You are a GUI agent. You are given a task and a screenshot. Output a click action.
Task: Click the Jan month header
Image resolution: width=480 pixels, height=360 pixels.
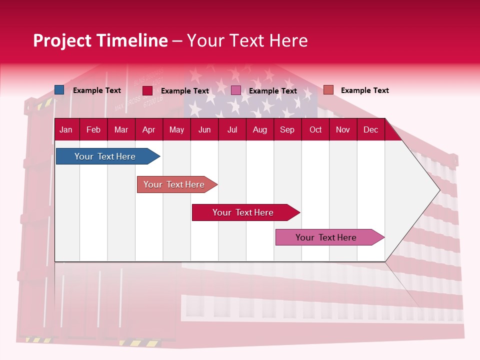[66, 130]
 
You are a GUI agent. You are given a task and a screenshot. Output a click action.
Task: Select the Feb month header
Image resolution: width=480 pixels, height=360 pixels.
[93, 130]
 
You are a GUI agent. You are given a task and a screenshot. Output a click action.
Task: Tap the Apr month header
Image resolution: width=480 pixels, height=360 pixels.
[148, 130]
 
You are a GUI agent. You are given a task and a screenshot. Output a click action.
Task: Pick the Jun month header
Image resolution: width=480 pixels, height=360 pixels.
[204, 130]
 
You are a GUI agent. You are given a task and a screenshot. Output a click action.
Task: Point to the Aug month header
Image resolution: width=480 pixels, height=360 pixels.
[259, 130]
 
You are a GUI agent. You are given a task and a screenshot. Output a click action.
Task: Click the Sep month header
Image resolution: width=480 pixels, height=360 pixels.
[287, 130]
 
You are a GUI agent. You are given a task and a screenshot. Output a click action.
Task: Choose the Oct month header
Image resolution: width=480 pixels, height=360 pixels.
[315, 130]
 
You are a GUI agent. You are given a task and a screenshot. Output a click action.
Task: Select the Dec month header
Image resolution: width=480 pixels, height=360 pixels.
[370, 130]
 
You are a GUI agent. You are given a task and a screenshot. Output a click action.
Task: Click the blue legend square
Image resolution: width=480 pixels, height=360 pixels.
[59, 90]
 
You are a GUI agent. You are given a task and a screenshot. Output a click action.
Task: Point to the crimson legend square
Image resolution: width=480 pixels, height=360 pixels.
[147, 90]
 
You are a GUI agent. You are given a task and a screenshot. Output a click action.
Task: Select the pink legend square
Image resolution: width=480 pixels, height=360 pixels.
[236, 90]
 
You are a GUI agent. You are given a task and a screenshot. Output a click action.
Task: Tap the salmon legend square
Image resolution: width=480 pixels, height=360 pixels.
[328, 90]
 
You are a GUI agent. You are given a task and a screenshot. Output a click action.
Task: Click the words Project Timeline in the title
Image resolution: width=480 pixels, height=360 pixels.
[100, 40]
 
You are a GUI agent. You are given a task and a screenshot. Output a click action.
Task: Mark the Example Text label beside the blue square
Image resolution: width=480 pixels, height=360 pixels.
[97, 90]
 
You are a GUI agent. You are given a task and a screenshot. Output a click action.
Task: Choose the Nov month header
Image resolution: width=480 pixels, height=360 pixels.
[343, 130]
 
